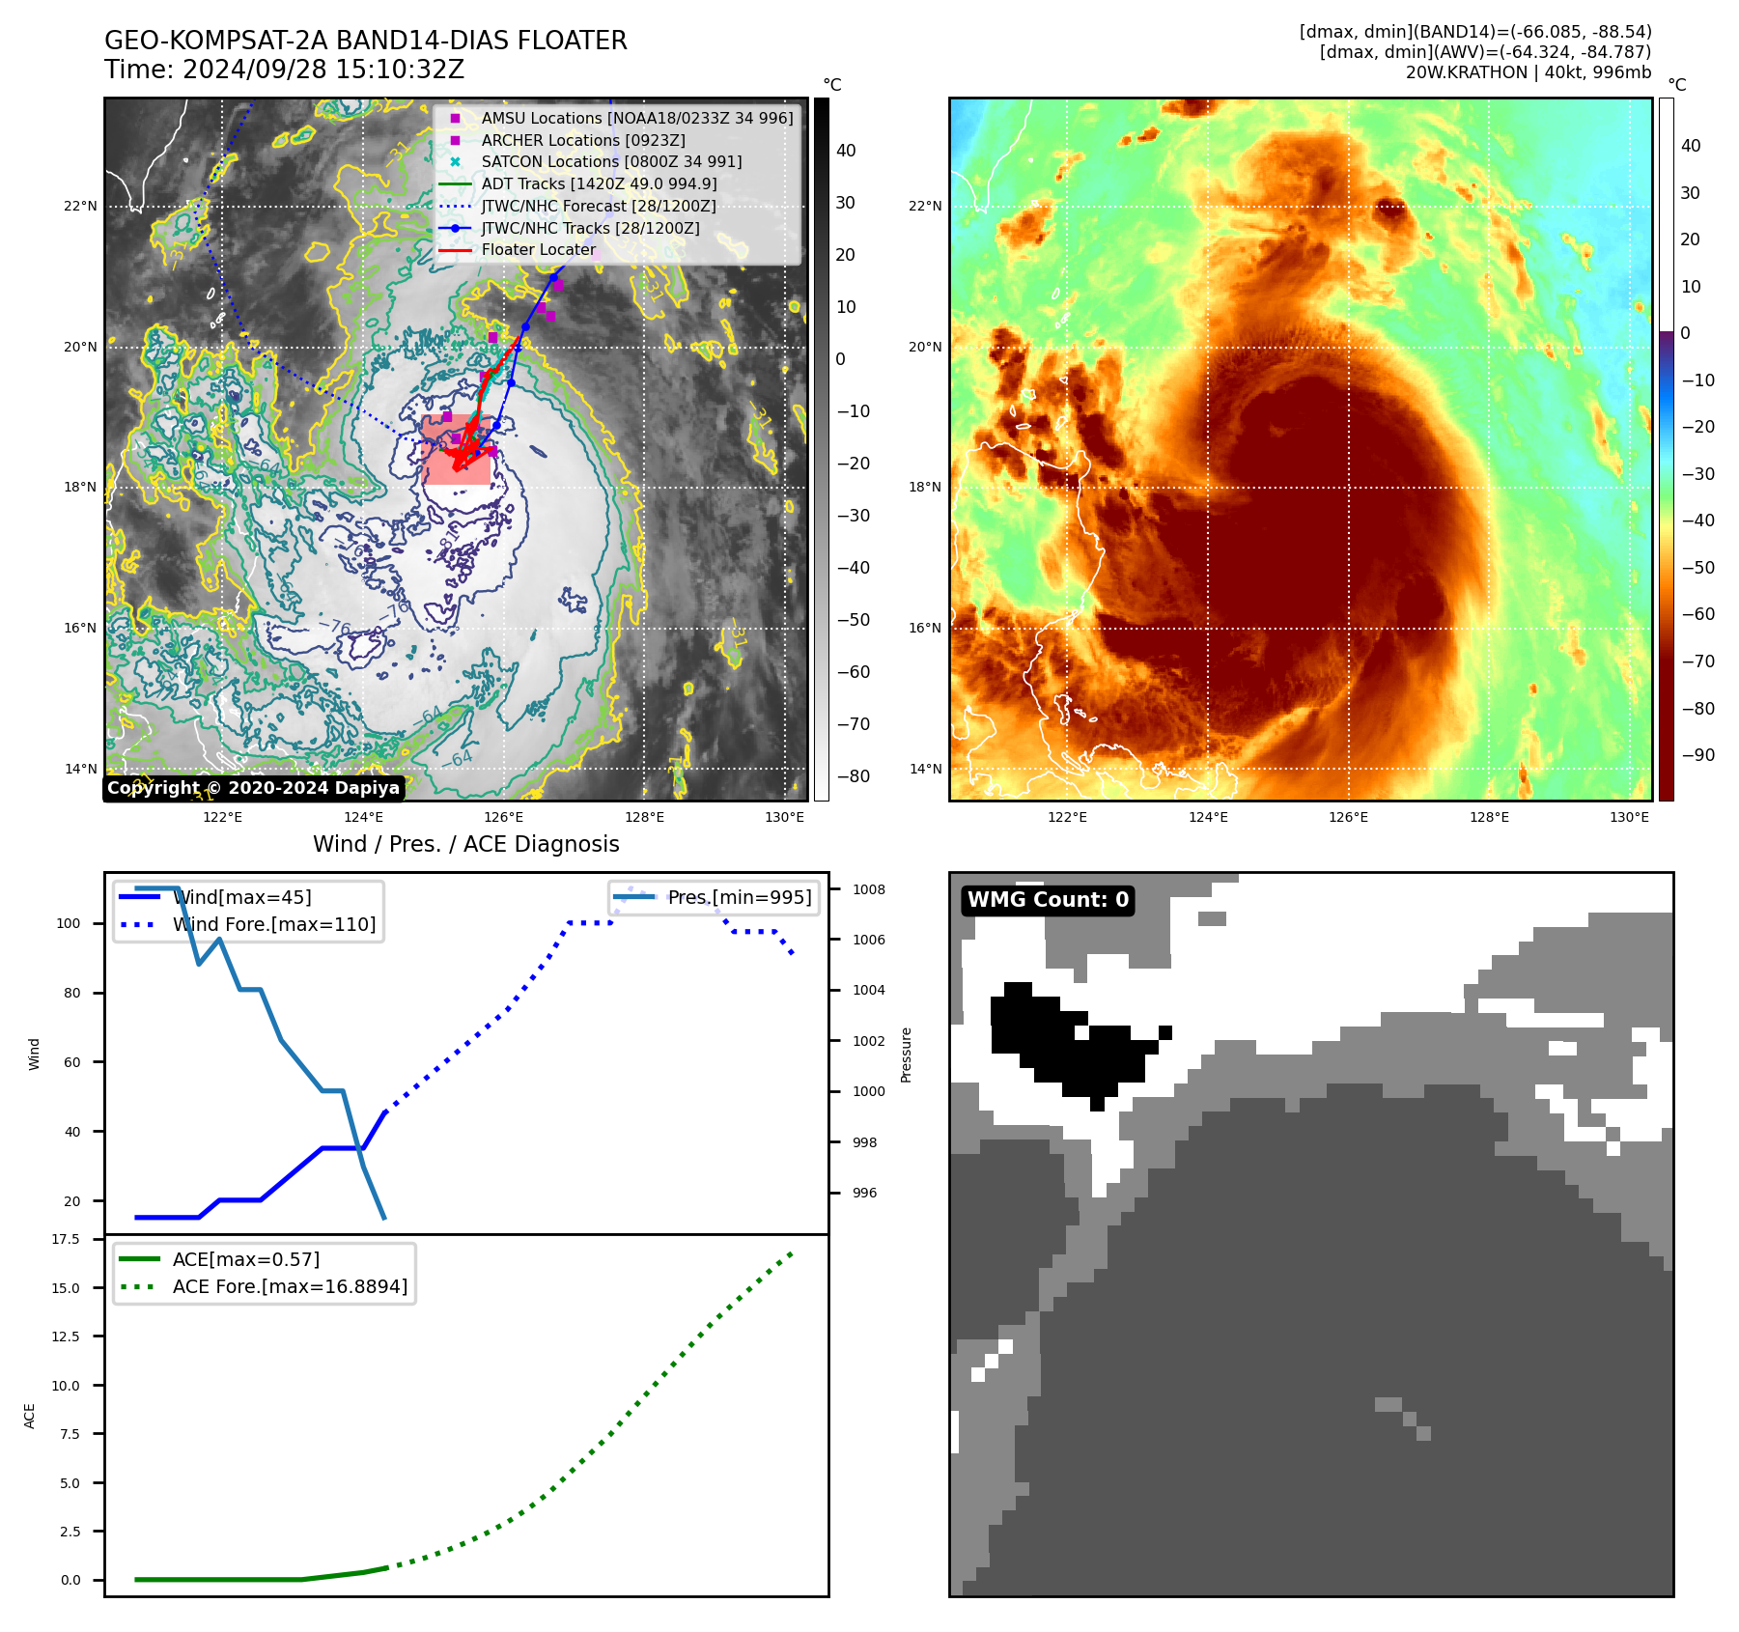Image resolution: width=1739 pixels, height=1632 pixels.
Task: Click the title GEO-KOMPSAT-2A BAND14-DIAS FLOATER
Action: (x=365, y=41)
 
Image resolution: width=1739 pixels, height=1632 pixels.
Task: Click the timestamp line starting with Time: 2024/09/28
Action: (x=284, y=70)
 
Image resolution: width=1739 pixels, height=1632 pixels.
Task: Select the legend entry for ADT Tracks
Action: (x=599, y=183)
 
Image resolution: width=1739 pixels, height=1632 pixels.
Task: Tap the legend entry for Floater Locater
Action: (x=538, y=249)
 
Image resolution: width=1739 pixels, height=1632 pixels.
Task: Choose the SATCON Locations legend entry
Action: (x=611, y=161)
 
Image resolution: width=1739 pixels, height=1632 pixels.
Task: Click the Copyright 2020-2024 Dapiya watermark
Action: (x=253, y=788)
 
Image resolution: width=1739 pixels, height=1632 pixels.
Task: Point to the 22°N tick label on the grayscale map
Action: (x=81, y=206)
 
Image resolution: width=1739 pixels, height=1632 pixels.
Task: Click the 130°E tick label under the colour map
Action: (x=1629, y=817)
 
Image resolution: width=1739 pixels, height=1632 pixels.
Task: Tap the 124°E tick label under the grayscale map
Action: (x=363, y=817)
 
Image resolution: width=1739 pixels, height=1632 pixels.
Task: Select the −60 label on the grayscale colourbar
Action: (x=852, y=672)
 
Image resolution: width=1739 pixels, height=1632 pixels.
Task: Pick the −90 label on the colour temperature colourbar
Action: (x=1697, y=755)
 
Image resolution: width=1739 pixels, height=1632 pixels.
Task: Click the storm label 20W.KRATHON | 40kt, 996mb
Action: (x=1528, y=72)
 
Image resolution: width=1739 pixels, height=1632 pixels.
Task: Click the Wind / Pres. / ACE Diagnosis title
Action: (x=465, y=844)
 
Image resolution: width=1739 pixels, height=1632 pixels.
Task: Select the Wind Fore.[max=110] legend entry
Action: (x=274, y=924)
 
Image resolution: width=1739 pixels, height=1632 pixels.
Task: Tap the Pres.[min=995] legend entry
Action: (x=740, y=897)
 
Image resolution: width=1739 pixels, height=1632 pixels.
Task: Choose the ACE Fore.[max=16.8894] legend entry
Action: (x=290, y=1286)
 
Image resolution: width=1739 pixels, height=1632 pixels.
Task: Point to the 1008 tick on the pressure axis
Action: (x=868, y=889)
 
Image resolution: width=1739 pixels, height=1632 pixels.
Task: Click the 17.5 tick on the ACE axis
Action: (x=66, y=1239)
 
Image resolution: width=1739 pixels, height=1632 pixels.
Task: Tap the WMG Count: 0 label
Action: (x=1048, y=900)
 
